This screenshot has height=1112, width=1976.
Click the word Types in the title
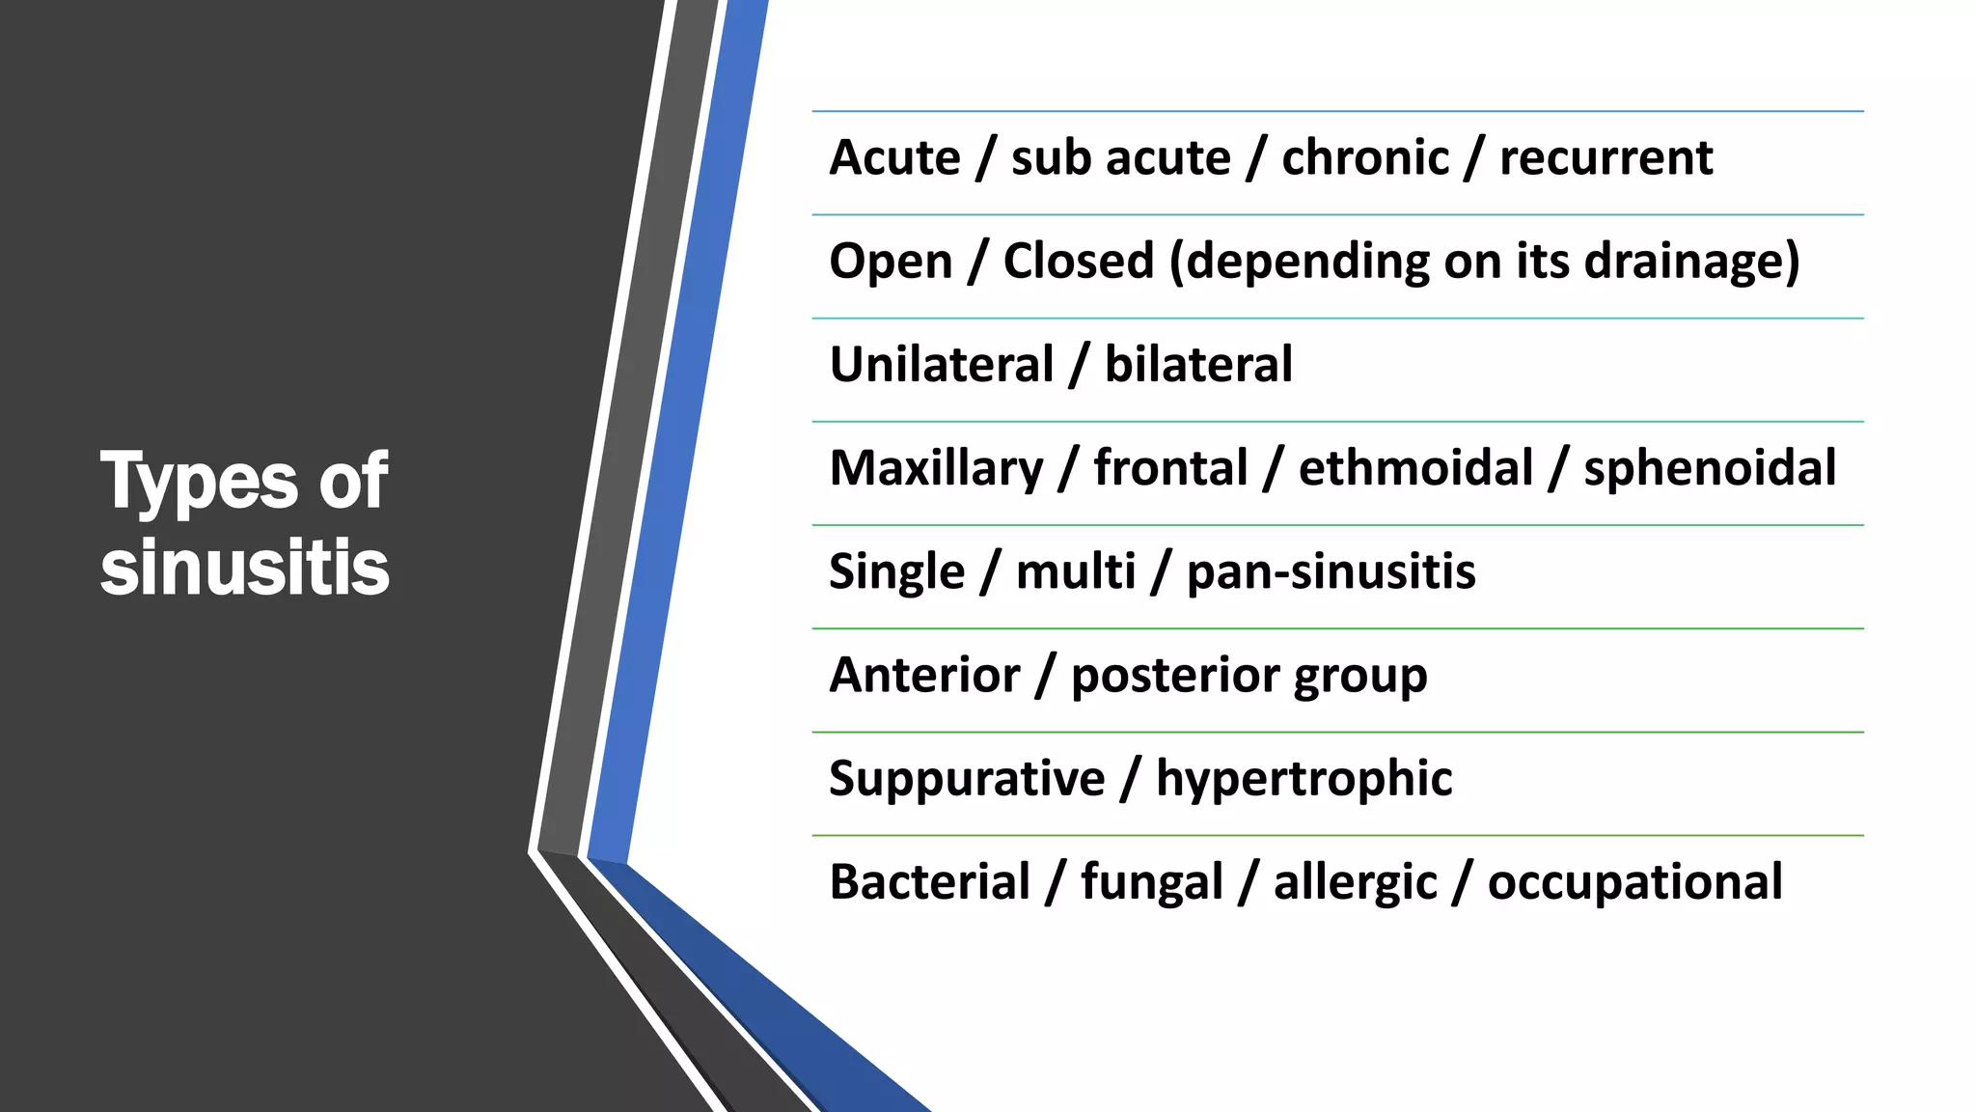(200, 482)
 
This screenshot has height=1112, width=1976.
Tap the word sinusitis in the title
(245, 568)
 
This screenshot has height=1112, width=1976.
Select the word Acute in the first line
(894, 157)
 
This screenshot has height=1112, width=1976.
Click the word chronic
(1364, 157)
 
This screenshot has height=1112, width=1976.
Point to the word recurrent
(1605, 157)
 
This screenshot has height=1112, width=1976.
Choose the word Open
(891, 262)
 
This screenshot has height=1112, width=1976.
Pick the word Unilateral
(941, 365)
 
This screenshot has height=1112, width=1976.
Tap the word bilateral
(1197, 365)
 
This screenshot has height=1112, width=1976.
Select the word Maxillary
(936, 469)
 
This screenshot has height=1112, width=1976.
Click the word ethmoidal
(1415, 468)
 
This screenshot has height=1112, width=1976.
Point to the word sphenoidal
(1710, 469)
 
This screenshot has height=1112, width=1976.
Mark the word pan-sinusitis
(1331, 571)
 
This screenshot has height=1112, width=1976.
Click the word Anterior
(924, 675)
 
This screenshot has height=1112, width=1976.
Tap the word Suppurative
(967, 779)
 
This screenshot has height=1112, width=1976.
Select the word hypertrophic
(1304, 779)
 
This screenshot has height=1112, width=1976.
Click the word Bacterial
(930, 882)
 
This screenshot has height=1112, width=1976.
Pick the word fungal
(1151, 883)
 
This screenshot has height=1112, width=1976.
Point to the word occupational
(1634, 883)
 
